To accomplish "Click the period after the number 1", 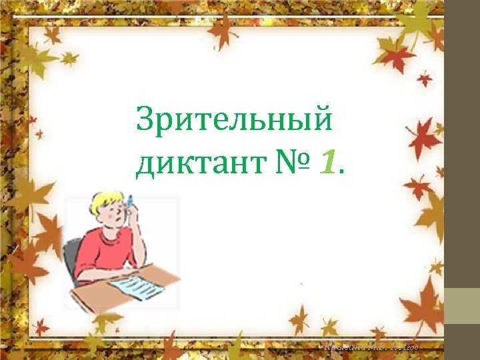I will (341, 172).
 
